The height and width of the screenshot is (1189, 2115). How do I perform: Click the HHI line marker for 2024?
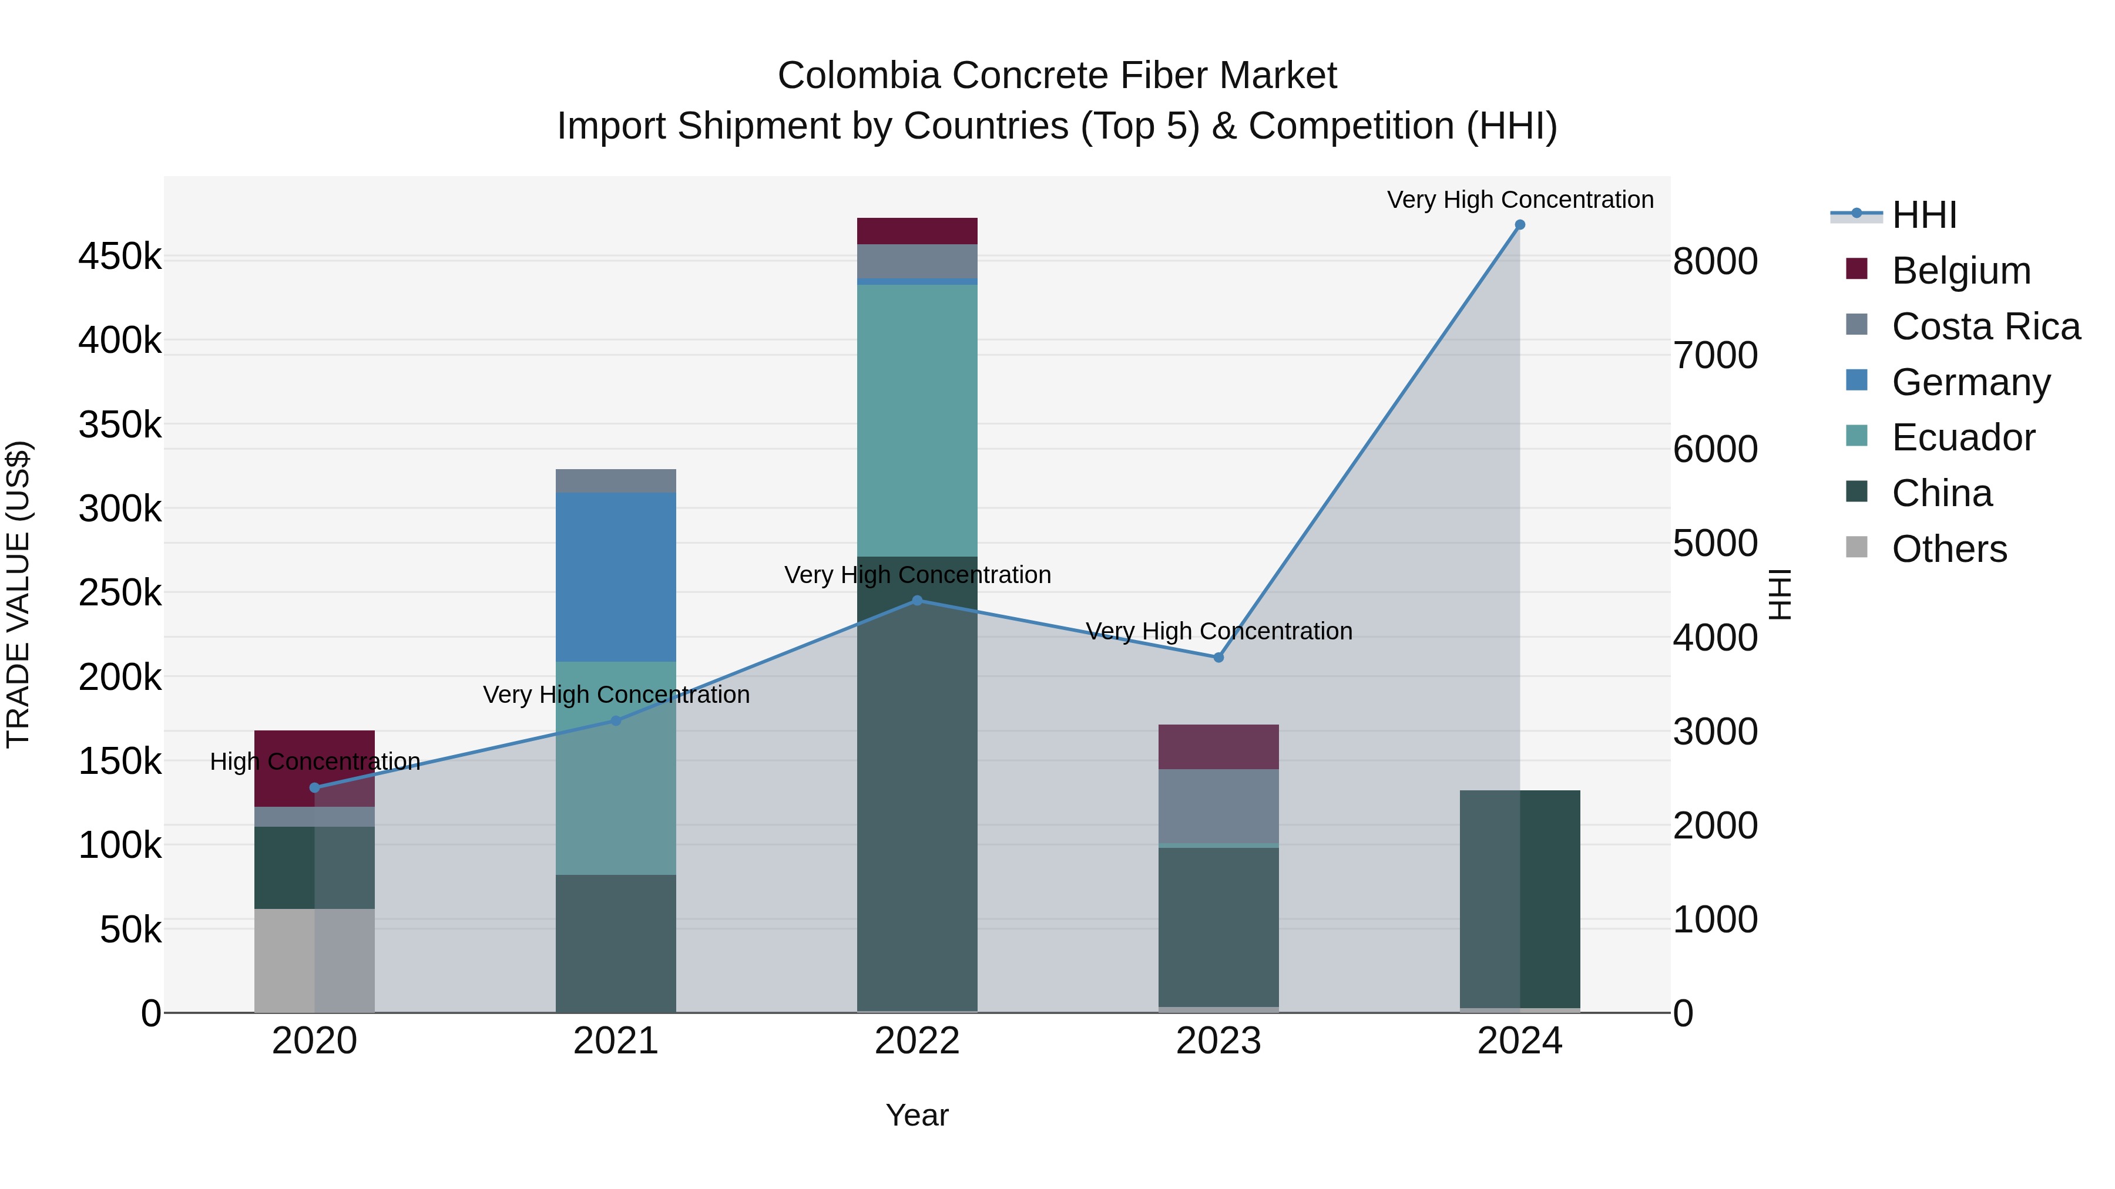(1520, 225)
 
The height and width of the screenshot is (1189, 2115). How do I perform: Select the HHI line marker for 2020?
(314, 788)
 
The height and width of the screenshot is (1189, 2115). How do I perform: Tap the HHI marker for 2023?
(1218, 657)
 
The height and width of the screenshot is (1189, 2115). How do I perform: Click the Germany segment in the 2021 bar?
(616, 577)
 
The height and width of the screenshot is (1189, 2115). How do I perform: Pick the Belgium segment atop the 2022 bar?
(917, 231)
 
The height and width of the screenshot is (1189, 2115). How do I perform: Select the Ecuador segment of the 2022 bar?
(917, 420)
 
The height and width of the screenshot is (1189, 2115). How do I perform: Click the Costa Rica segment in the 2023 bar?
(1218, 806)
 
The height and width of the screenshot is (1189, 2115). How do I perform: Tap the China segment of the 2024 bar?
(1520, 898)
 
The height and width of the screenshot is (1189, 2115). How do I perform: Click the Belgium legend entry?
(1960, 271)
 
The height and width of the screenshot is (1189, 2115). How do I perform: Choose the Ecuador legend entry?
(1962, 437)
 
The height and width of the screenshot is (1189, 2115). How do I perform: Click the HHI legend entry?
(1923, 215)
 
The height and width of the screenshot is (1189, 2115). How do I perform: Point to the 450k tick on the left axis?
(120, 257)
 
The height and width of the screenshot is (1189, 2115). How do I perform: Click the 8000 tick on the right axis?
(1715, 262)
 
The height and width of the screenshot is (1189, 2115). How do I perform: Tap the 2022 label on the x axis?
(917, 1041)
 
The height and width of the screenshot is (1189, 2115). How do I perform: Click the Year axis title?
(917, 1115)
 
